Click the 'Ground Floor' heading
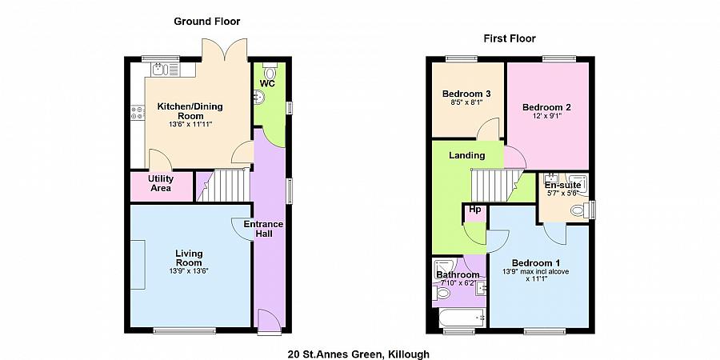pyautogui.click(x=207, y=22)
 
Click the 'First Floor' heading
pyautogui.click(x=510, y=38)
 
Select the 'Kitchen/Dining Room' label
pyautogui.click(x=190, y=110)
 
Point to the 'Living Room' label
pyautogui.click(x=189, y=258)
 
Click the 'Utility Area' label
pyautogui.click(x=161, y=183)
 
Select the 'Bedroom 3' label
pyautogui.click(x=466, y=94)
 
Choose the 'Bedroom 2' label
pyautogui.click(x=546, y=107)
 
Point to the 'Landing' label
pyautogui.click(x=466, y=155)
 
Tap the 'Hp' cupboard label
pyautogui.click(x=474, y=210)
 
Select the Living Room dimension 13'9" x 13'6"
pyautogui.click(x=189, y=271)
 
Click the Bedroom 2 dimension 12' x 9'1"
pyautogui.click(x=547, y=116)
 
